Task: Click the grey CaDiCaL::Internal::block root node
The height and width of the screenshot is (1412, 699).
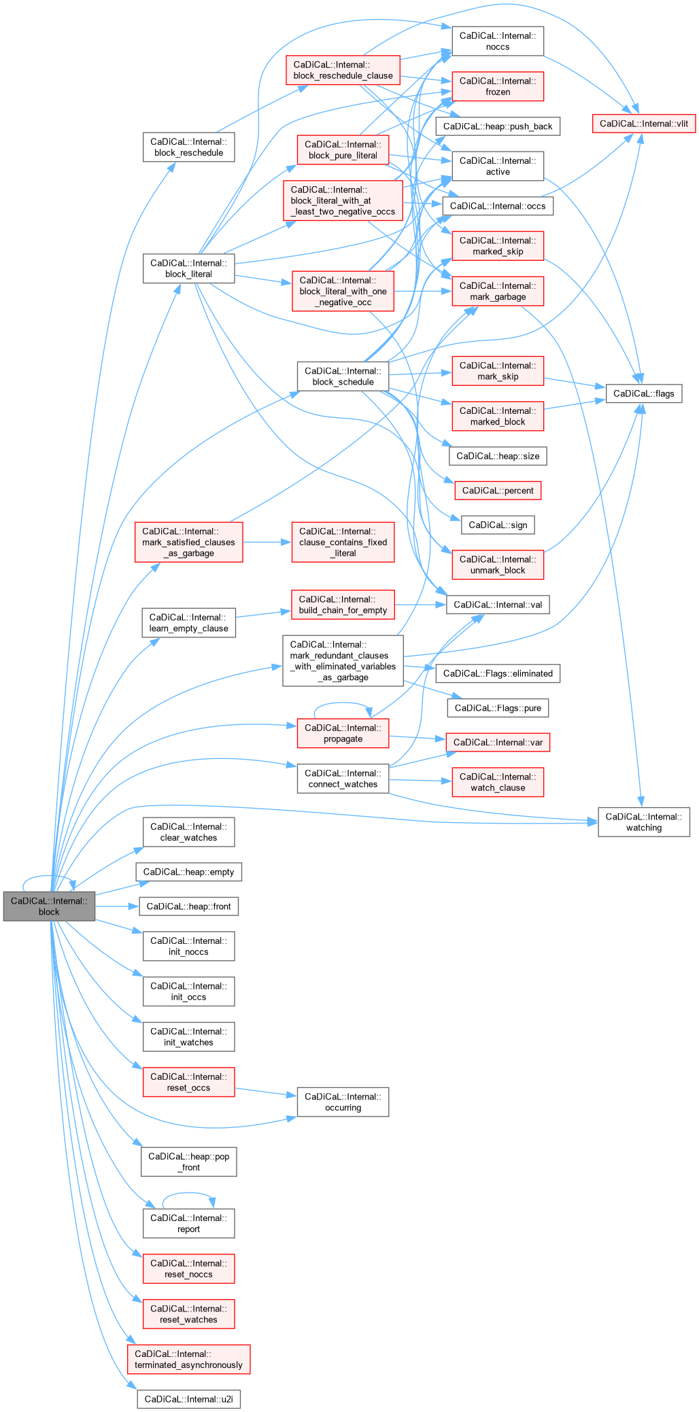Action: (x=49, y=906)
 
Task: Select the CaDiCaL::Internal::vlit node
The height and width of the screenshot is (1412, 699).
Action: (x=643, y=124)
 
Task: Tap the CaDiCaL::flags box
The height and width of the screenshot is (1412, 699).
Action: (x=643, y=393)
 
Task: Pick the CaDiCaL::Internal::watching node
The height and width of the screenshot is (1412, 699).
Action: (x=643, y=822)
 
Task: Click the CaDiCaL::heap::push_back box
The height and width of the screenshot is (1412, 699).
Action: (x=498, y=126)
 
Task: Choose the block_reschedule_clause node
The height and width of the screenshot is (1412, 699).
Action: (x=343, y=70)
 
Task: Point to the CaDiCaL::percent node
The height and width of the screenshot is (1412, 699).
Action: (x=498, y=491)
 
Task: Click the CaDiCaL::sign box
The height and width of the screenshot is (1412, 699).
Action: (x=498, y=525)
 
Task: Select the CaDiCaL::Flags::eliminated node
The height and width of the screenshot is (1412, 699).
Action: (x=498, y=673)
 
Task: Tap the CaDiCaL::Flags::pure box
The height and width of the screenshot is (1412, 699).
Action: (x=498, y=708)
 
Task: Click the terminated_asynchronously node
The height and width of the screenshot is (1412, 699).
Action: (x=188, y=1359)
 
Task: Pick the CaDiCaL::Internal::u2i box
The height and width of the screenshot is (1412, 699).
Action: (x=188, y=1399)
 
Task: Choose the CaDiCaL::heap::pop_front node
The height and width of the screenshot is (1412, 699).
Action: (x=188, y=1162)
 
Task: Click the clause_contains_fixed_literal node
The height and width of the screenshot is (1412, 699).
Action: (x=343, y=542)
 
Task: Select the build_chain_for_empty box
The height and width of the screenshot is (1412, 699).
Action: (x=343, y=605)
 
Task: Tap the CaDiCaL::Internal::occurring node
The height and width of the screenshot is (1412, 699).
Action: (x=343, y=1102)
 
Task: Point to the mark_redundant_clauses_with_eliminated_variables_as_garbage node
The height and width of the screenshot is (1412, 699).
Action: (x=343, y=661)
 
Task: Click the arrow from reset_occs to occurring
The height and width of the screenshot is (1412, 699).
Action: (x=266, y=1093)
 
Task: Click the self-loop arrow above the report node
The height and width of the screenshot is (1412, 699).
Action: (x=188, y=1193)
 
